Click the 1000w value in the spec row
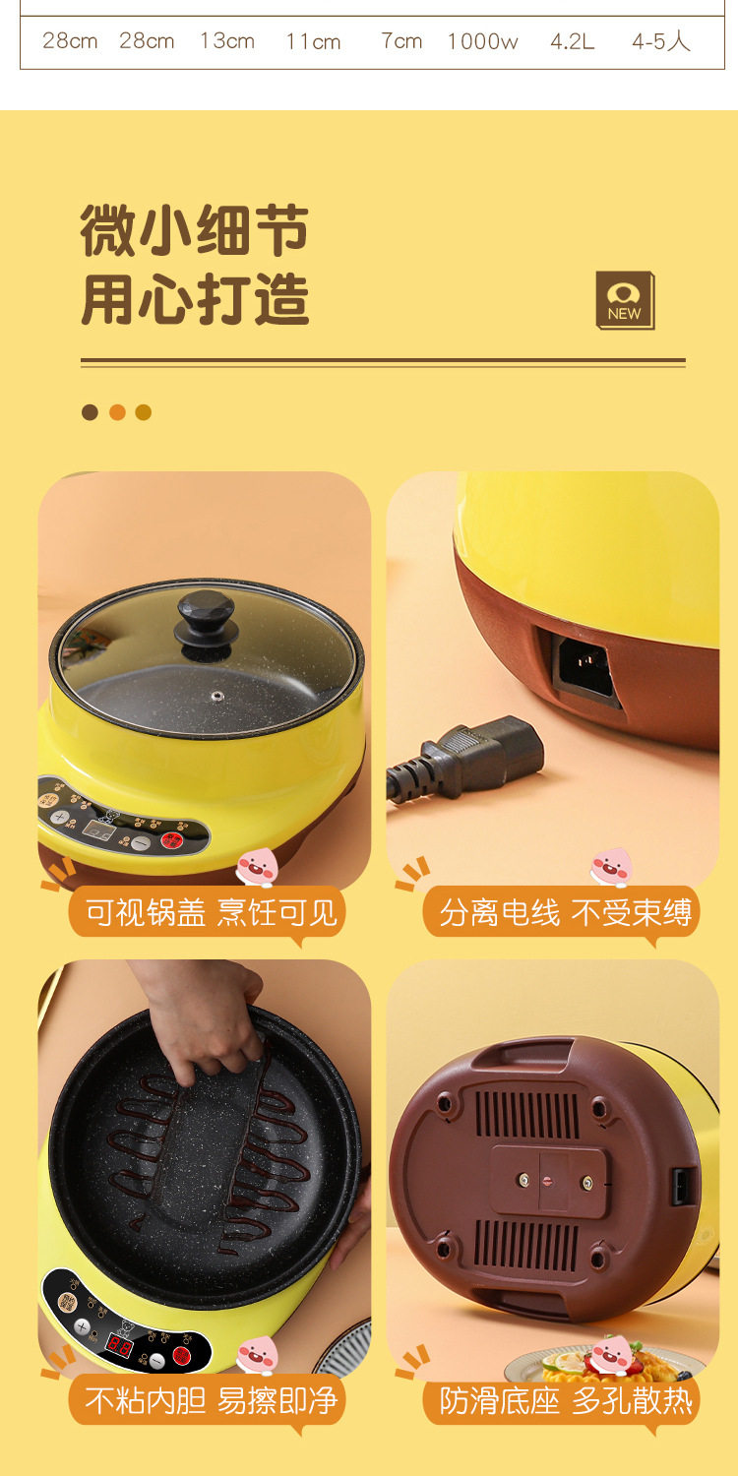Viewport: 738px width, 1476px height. pos(482,41)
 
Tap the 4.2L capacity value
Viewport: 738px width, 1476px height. pos(573,41)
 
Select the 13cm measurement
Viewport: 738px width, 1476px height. pos(227,41)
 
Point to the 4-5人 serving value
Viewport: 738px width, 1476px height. pos(661,41)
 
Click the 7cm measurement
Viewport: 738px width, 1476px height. pos(401,41)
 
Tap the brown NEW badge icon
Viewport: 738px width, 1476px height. pos(625,300)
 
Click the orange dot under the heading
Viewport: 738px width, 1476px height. pos(117,412)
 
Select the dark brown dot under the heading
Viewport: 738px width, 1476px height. pos(90,412)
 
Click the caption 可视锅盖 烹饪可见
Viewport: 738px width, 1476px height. pos(212,913)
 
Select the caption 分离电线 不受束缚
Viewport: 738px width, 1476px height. pos(566,913)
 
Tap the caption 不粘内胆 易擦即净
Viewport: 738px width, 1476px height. pos(211,1400)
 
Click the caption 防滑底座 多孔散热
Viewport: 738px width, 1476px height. pos(566,1400)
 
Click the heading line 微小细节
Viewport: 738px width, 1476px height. pos(195,230)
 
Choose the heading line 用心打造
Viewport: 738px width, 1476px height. pos(195,299)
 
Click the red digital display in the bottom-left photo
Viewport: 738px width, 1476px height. pos(119,1344)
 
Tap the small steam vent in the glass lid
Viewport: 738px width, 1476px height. pos(216,696)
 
